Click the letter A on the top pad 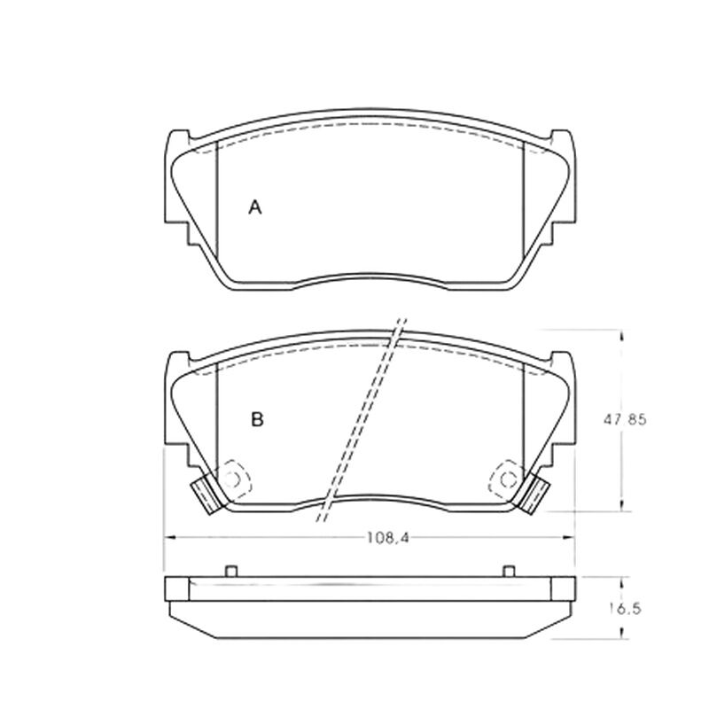(x=255, y=207)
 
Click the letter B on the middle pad (x=257, y=419)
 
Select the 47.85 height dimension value (x=626, y=420)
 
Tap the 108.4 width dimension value (x=388, y=538)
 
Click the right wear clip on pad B (x=534, y=495)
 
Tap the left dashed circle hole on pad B (x=232, y=479)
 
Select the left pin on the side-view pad (x=231, y=571)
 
